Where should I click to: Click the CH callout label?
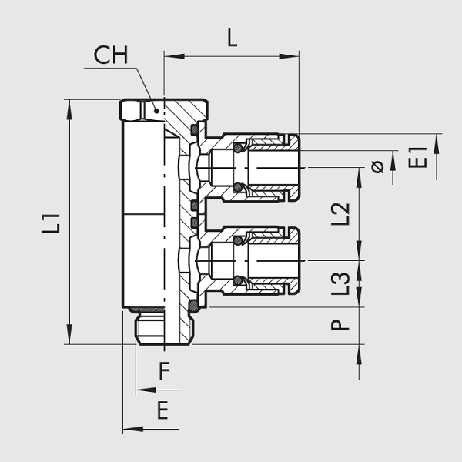tap(111, 55)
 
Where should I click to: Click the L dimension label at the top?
tap(232, 38)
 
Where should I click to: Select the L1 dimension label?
tap(52, 223)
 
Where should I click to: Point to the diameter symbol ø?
tap(377, 167)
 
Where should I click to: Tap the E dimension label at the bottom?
tap(162, 410)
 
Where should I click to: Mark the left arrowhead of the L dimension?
tap(169, 55)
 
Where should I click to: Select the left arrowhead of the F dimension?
tap(139, 390)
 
